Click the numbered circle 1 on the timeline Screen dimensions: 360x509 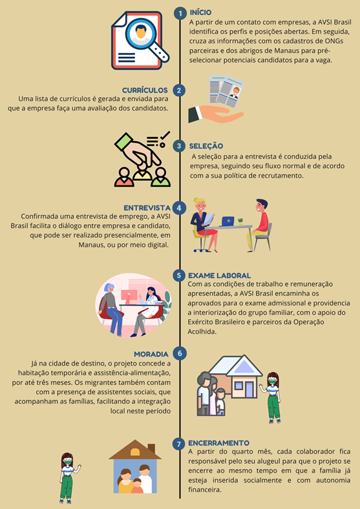pos(179,14)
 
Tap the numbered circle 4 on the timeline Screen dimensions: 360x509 pos(179,208)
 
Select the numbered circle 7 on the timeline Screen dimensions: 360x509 pos(178,443)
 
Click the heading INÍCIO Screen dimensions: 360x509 pos(200,13)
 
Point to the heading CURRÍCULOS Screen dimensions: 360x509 pos(145,90)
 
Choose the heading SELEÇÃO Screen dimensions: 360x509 pos(206,146)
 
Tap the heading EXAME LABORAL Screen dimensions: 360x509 pos(220,276)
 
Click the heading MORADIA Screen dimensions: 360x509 pos(151,354)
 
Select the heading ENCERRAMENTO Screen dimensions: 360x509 pos(218,443)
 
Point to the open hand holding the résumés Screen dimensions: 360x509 pos(215,114)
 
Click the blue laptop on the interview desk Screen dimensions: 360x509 pos(228,221)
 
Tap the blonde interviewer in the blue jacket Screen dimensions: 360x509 pos(204,225)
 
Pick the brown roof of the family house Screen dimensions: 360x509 pos(135,450)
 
